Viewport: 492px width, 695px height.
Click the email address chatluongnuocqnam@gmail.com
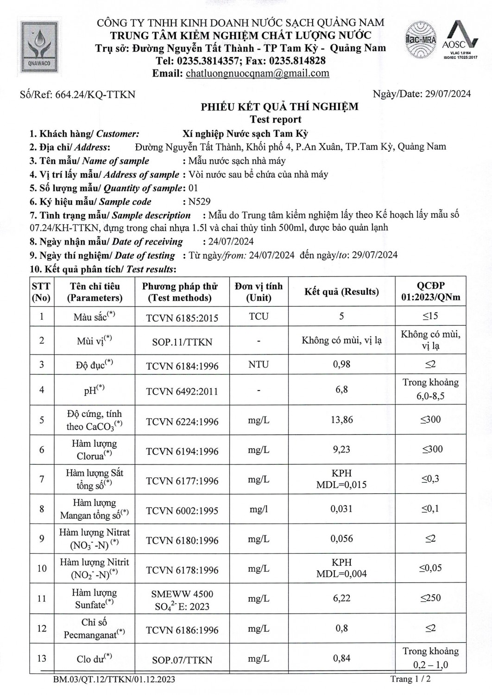pos(257,73)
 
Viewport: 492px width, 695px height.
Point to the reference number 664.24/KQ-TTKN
pos(95,95)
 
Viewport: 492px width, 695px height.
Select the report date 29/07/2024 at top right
pos(448,94)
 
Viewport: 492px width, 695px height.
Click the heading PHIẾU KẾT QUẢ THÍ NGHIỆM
pos(279,107)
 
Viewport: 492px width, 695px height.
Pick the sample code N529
pos(199,202)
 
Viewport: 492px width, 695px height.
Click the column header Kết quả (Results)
pos(341,292)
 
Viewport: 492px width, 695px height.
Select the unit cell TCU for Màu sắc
pos(259,316)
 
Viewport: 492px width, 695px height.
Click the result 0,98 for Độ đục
pos(341,365)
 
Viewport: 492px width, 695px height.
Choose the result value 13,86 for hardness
pos(341,420)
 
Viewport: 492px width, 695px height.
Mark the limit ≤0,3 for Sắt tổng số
pos(430,479)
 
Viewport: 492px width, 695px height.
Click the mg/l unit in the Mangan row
pos(259,509)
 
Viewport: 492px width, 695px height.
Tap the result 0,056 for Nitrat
pos(341,539)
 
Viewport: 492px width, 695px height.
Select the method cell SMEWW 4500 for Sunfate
pos(182,600)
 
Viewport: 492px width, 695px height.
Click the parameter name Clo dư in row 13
pos(94,658)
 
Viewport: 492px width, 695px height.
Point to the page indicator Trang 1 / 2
pos(410,679)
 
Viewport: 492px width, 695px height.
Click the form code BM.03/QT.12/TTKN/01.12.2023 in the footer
pos(114,680)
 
